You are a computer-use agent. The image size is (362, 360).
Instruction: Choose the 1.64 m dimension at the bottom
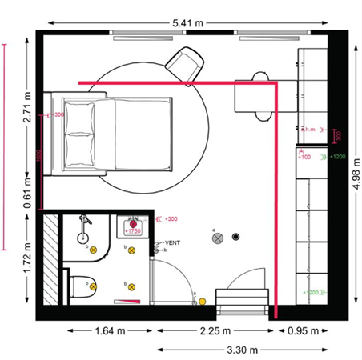pos(109,330)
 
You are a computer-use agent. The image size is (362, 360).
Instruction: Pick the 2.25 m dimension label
pos(215,330)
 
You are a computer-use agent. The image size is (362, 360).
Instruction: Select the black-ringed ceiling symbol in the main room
pos(235,237)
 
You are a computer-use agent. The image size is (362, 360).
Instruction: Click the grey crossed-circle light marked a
pos(215,238)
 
